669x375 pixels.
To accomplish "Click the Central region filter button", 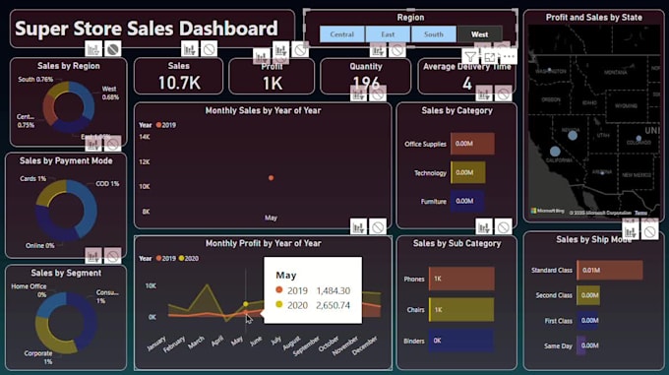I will [x=342, y=34].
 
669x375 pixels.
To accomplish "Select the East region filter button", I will [x=388, y=34].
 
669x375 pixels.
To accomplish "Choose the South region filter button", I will [x=433, y=34].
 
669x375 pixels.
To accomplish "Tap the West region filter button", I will [x=479, y=34].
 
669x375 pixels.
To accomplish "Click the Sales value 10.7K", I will [x=178, y=83].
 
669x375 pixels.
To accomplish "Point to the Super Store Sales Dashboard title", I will [x=146, y=29].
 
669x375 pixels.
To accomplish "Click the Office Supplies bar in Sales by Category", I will [x=472, y=144].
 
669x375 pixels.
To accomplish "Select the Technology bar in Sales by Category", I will [x=468, y=172].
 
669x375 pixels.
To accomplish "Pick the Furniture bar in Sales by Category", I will [x=467, y=201].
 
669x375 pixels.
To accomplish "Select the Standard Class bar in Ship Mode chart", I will [x=609, y=270].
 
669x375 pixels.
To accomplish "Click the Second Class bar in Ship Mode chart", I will [x=587, y=294].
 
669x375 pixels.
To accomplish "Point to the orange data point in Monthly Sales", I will [x=271, y=178].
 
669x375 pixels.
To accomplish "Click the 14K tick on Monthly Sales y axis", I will [x=144, y=137].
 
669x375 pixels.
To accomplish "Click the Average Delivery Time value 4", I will [x=468, y=84].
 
